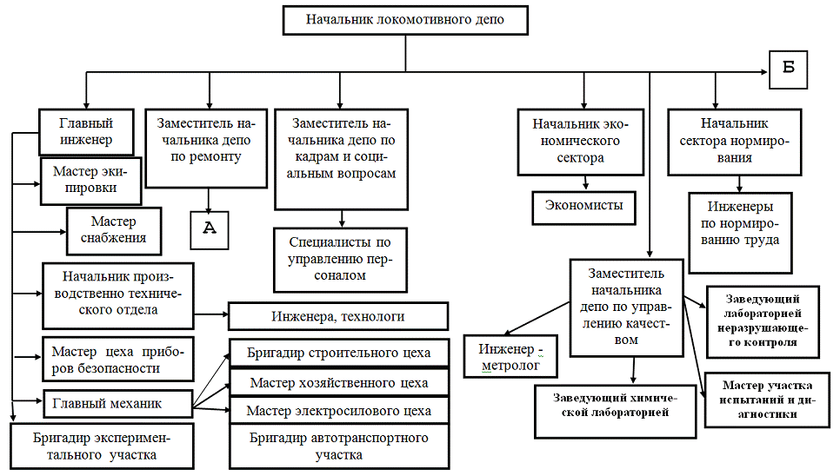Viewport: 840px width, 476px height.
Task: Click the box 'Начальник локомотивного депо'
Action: pyautogui.click(x=405, y=19)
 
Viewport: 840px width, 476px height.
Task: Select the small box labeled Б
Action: pyautogui.click(x=789, y=69)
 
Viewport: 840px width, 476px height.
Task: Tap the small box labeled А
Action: pyautogui.click(x=209, y=229)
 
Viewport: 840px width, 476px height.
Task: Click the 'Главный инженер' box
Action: pyautogui.click(x=86, y=130)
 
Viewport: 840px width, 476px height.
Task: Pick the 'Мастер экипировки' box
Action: pyautogui.click(x=91, y=179)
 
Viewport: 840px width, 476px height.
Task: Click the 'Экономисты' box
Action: pyautogui.click(x=584, y=206)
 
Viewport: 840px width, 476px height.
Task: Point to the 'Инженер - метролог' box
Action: pyautogui.click(x=510, y=357)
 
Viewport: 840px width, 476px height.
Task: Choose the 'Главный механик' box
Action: pyautogui.click(x=116, y=403)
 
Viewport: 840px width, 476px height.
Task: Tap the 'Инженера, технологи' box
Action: pyautogui.click(x=337, y=316)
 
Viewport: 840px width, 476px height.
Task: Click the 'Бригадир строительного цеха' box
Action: pyautogui.click(x=339, y=354)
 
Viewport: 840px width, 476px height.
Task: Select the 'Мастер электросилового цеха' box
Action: pyautogui.click(x=339, y=410)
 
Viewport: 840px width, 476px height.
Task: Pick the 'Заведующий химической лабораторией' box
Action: pyautogui.click(x=616, y=410)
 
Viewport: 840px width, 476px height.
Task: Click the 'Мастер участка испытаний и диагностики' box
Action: pyautogui.click(x=766, y=400)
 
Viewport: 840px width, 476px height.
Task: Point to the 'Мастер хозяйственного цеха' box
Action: pyautogui.click(x=339, y=382)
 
